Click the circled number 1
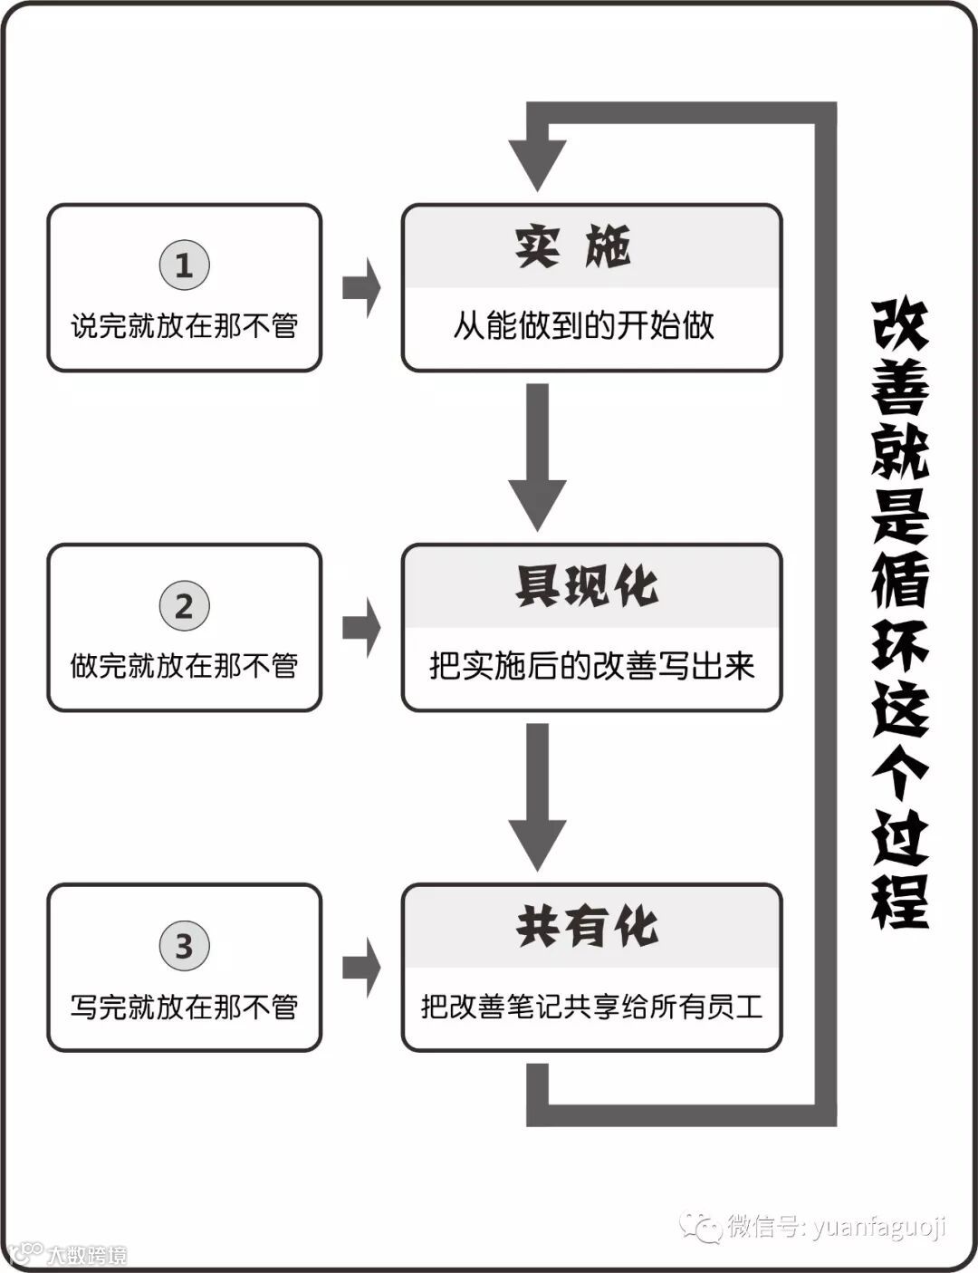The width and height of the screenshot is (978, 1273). coord(184,265)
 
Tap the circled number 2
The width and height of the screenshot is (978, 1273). coord(184,606)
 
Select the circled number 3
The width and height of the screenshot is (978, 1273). coord(184,946)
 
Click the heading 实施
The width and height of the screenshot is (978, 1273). coord(573,246)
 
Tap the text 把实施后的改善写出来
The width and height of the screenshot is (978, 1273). coord(591,666)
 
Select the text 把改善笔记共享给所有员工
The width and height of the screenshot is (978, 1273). coord(591,1007)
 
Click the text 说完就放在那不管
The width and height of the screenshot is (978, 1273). coord(184,326)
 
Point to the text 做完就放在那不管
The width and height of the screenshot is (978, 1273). coord(184,666)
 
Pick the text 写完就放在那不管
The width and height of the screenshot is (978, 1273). coord(184,1007)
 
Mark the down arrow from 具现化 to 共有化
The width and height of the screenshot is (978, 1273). coord(538,796)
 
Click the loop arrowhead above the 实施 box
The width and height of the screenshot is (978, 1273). coord(538,163)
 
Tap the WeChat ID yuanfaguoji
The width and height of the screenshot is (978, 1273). coord(878,1227)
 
